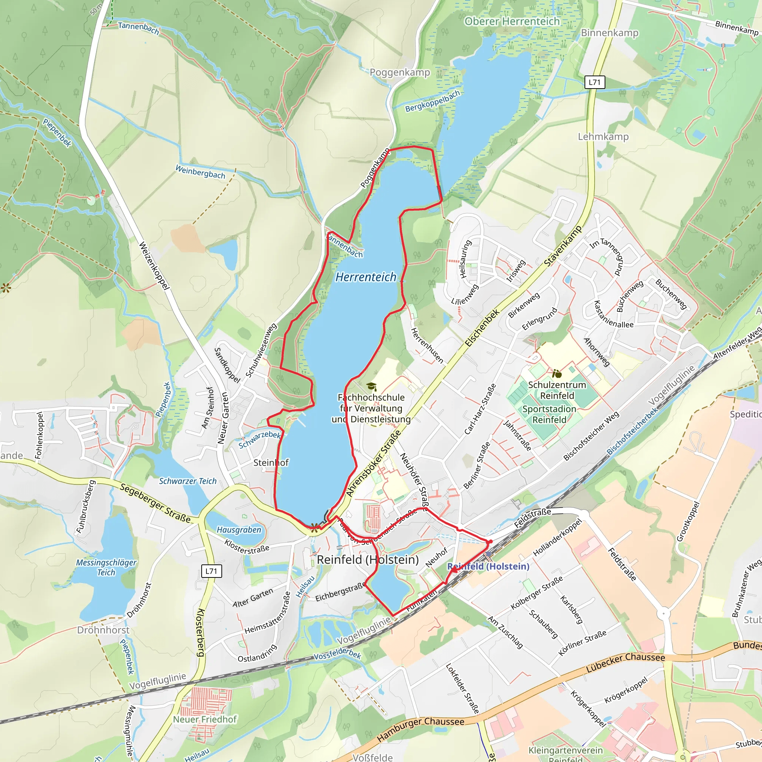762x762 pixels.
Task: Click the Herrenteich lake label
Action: click(366, 277)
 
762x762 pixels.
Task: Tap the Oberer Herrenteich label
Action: click(512, 21)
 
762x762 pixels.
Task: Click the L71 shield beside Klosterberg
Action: click(211, 571)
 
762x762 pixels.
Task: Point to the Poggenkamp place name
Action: click(400, 72)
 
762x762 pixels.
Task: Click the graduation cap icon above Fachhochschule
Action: click(371, 387)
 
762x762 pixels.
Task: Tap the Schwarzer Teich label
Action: click(188, 481)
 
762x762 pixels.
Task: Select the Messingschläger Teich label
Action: click(106, 567)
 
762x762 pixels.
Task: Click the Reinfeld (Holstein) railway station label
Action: click(488, 566)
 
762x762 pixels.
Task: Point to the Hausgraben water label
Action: click(239, 530)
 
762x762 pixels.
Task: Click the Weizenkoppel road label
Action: click(154, 267)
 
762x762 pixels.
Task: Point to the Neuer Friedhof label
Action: click(205, 719)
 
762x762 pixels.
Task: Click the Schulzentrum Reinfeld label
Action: click(557, 390)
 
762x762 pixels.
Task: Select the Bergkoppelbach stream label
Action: click(433, 101)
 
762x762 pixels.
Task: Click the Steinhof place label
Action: click(271, 462)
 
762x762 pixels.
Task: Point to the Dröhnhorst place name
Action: click(103, 630)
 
